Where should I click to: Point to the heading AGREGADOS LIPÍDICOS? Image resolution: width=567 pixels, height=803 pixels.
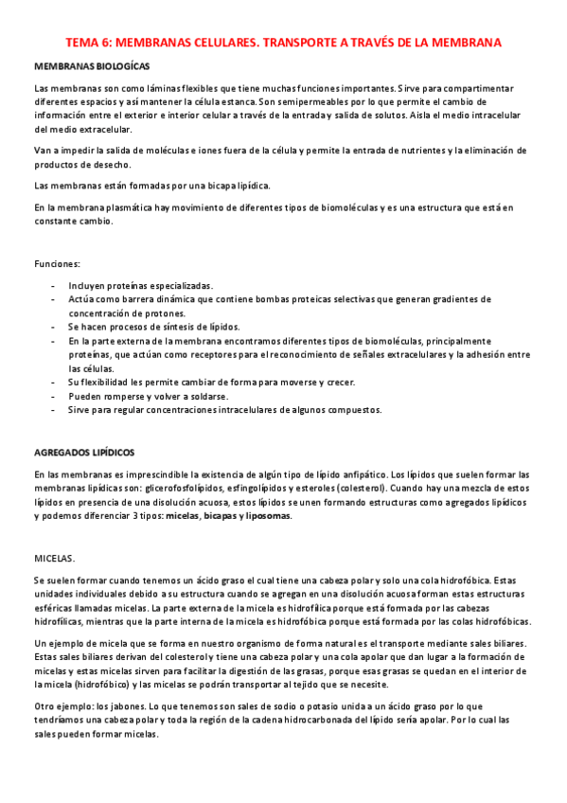click(x=84, y=453)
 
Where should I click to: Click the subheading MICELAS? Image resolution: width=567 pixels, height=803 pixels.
click(x=53, y=559)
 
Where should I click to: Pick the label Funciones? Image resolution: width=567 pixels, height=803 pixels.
click(x=57, y=263)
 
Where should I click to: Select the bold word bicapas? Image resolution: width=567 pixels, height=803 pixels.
click(x=213, y=516)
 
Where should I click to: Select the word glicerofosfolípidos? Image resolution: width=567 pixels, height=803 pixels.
click(x=183, y=488)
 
